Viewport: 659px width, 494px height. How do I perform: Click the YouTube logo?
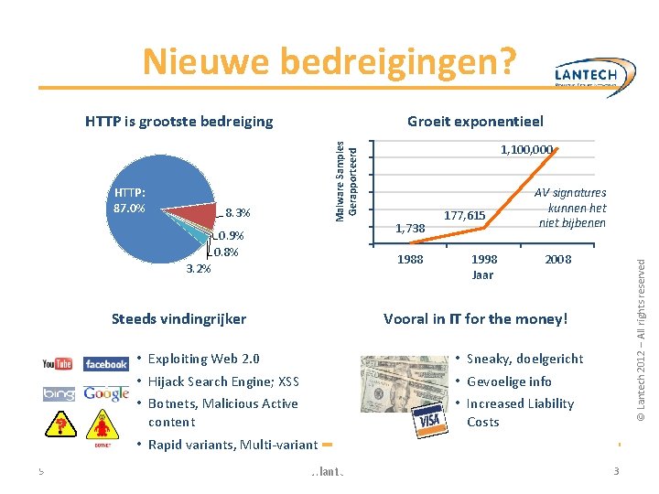[58, 364]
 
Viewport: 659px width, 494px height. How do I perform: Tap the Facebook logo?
[106, 364]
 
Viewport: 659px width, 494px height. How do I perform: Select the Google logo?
[106, 393]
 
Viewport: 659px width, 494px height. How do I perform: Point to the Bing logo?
[58, 394]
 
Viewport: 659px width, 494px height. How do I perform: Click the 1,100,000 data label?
[526, 148]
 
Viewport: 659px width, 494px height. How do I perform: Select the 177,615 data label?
[464, 216]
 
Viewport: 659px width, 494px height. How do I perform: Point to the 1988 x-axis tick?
[410, 260]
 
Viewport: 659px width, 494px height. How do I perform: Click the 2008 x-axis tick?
[557, 260]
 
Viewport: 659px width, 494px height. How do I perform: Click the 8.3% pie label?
[237, 213]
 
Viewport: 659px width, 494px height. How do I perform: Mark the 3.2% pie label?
[199, 269]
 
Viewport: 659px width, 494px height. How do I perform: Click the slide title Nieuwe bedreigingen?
[329, 62]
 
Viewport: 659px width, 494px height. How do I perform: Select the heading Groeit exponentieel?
[475, 121]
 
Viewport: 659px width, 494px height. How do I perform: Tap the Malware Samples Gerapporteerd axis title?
[347, 179]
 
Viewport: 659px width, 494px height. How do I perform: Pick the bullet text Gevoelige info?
[509, 381]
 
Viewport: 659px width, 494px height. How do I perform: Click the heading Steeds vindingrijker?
[178, 319]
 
